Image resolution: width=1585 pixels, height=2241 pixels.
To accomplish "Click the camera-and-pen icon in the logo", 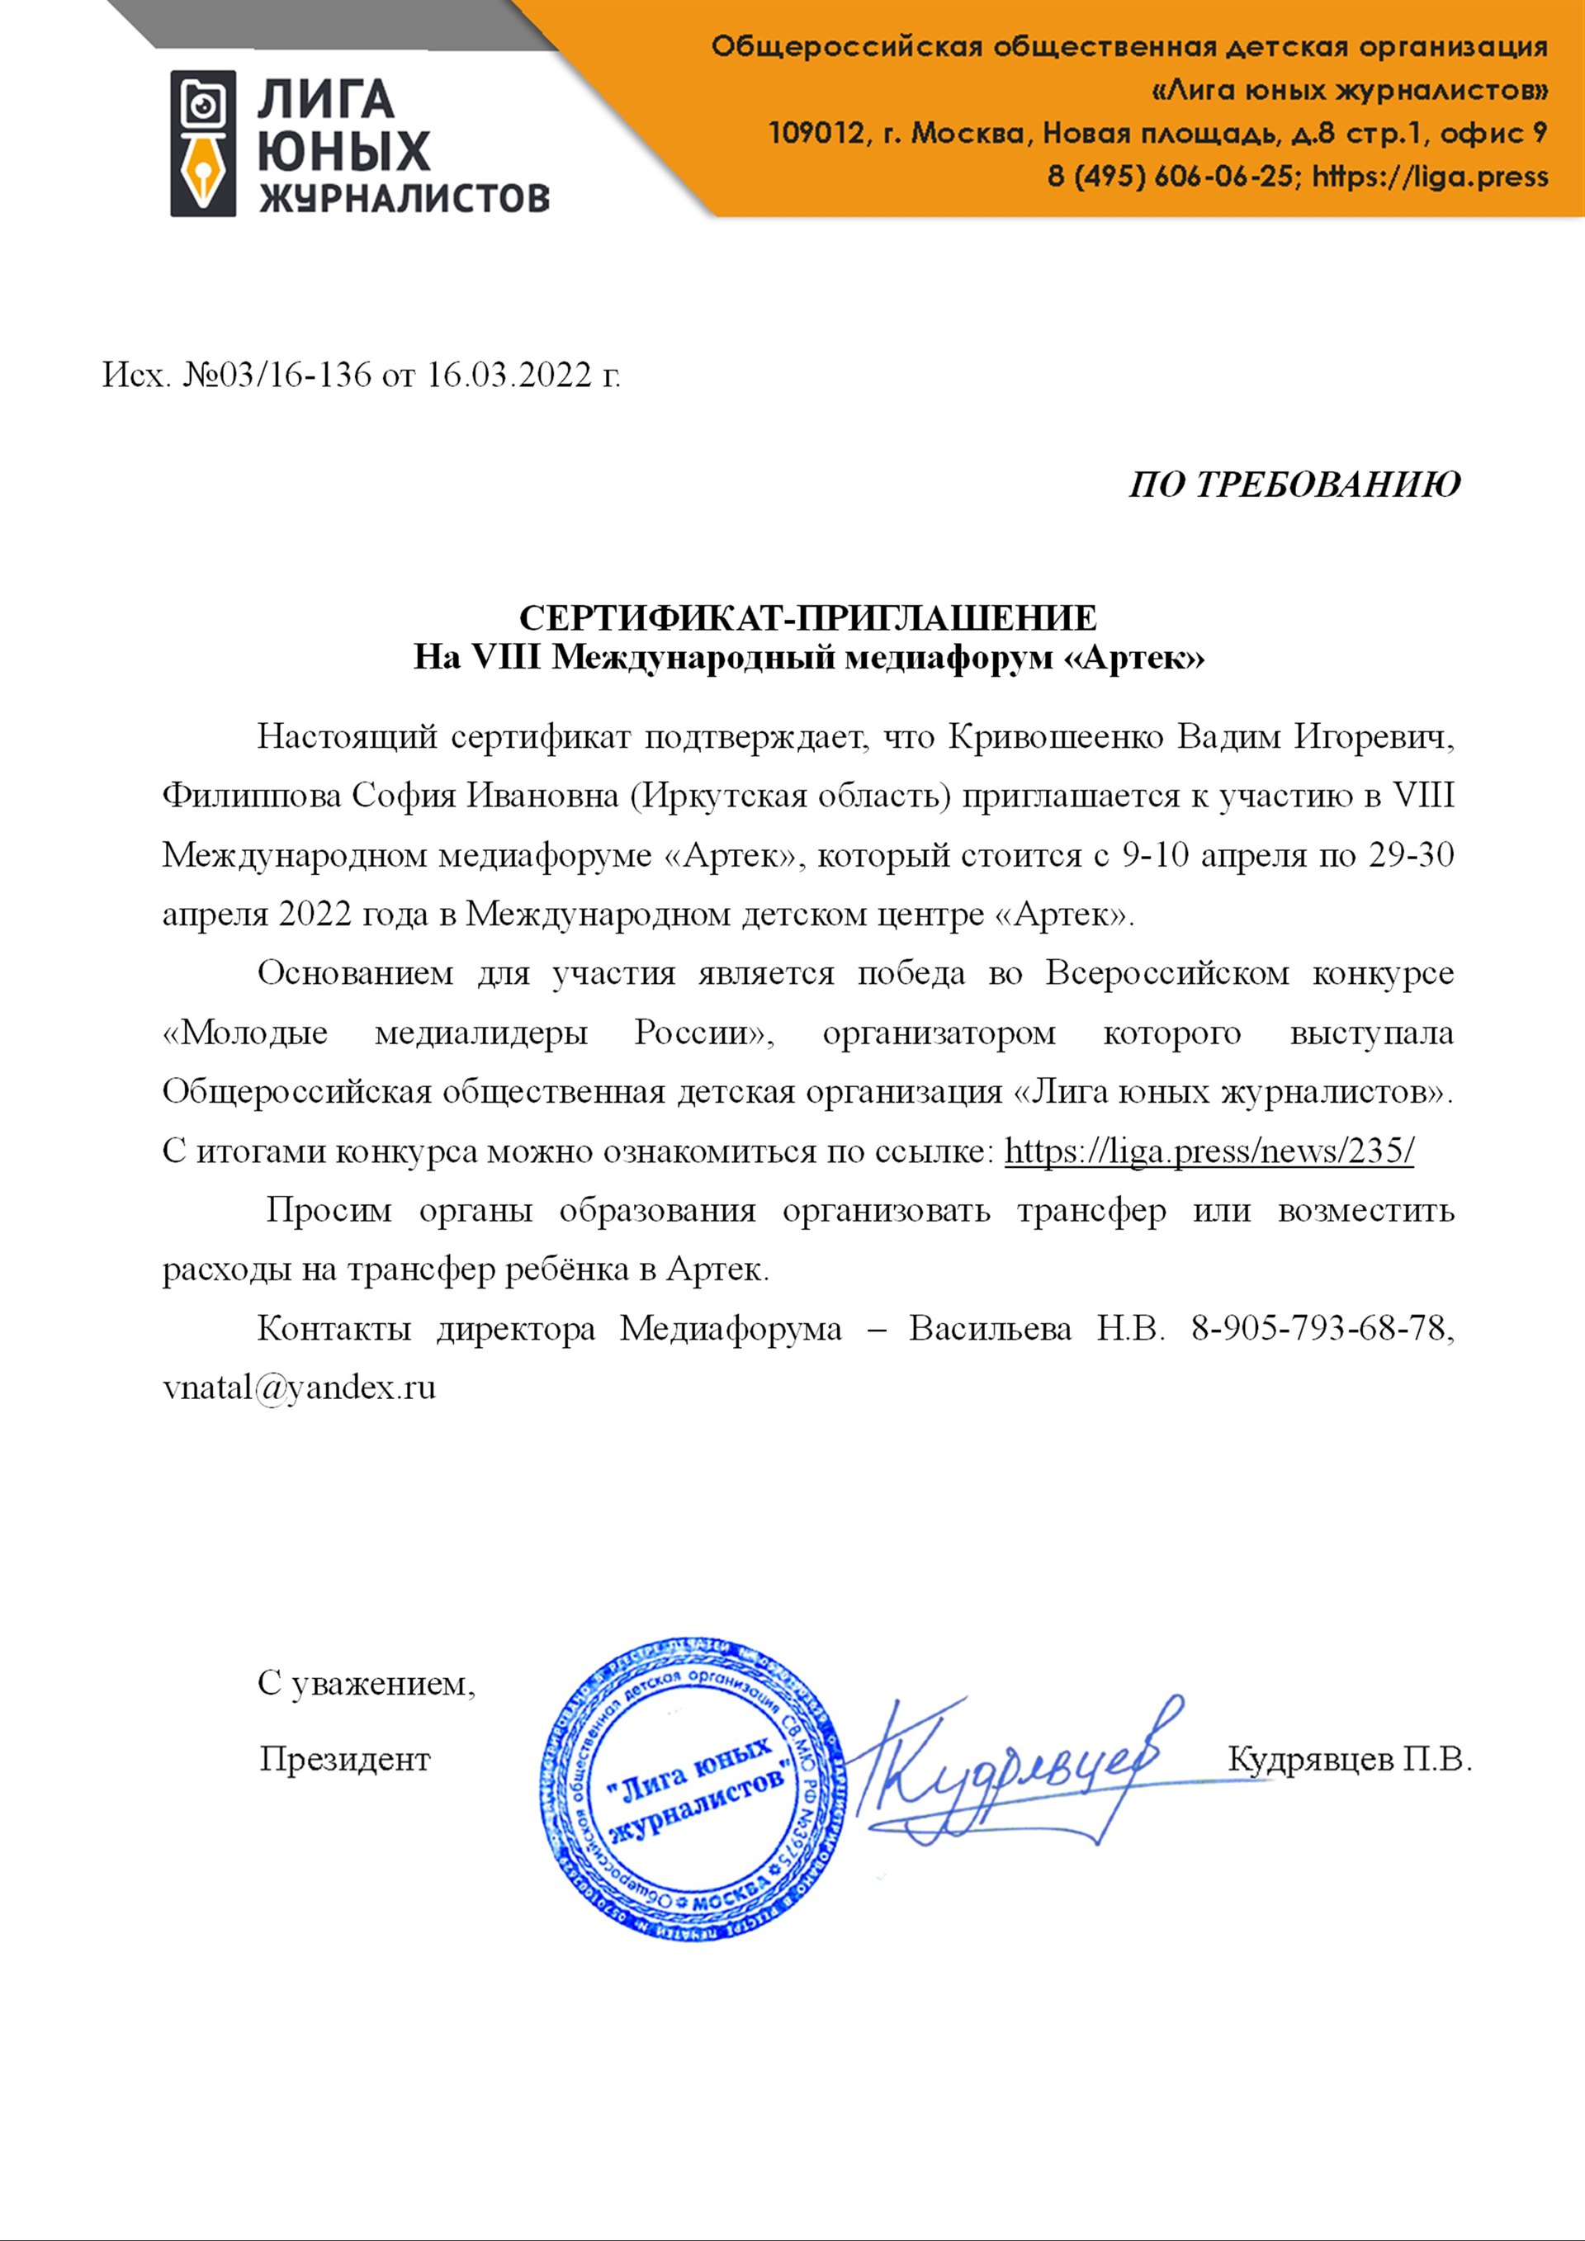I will (x=203, y=144).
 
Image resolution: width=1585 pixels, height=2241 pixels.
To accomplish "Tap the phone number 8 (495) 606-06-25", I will (x=1172, y=177).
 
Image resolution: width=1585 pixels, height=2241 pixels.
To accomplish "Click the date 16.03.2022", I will (x=509, y=375).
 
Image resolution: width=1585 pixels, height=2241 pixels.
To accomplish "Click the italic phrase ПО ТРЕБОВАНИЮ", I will (x=1294, y=485).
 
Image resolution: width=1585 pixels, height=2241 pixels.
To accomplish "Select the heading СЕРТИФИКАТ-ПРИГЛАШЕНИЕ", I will (x=808, y=618).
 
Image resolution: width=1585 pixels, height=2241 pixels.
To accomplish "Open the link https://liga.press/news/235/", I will (x=1209, y=1151).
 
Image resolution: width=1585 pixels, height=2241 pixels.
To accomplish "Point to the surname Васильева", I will (x=990, y=1328).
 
